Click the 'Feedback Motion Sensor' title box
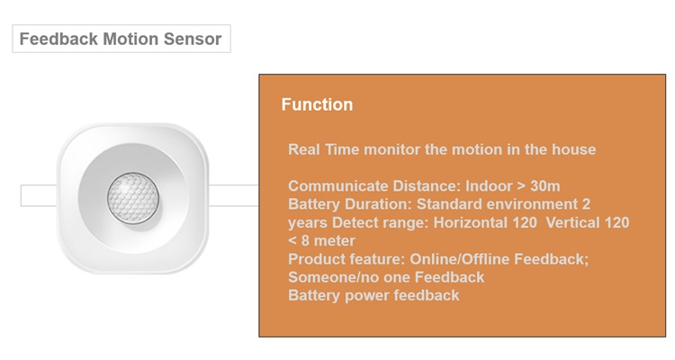[x=121, y=39]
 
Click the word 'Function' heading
[x=318, y=104]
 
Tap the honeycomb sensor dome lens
[x=133, y=199]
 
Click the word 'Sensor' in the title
[x=193, y=39]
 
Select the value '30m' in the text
[x=545, y=186]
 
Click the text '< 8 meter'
[x=321, y=240]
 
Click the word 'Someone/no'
[x=328, y=277]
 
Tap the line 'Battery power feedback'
[x=373, y=295]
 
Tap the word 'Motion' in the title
[x=130, y=39]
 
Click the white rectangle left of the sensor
[x=39, y=195]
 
